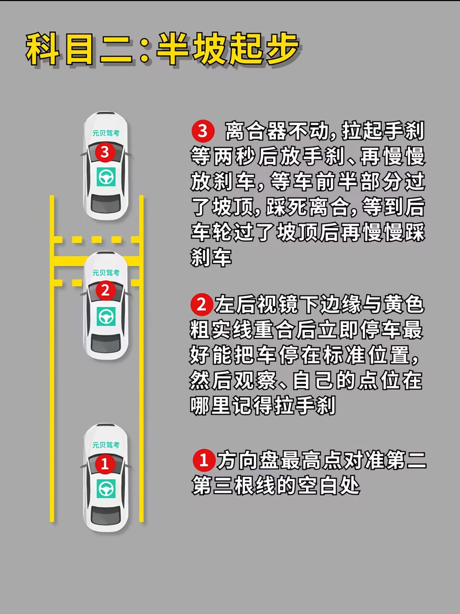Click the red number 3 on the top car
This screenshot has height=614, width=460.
(x=105, y=152)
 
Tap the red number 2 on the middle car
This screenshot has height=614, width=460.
(x=106, y=291)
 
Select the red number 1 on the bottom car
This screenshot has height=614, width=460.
(x=105, y=464)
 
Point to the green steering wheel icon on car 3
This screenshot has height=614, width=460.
(x=106, y=177)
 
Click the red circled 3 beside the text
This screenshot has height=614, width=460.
(x=203, y=131)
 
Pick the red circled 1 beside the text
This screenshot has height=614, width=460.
(x=204, y=460)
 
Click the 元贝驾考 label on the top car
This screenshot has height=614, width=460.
(x=106, y=133)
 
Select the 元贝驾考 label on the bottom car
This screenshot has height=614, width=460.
(x=106, y=445)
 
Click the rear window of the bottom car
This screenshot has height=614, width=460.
(x=106, y=515)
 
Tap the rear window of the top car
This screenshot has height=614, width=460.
(x=106, y=203)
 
